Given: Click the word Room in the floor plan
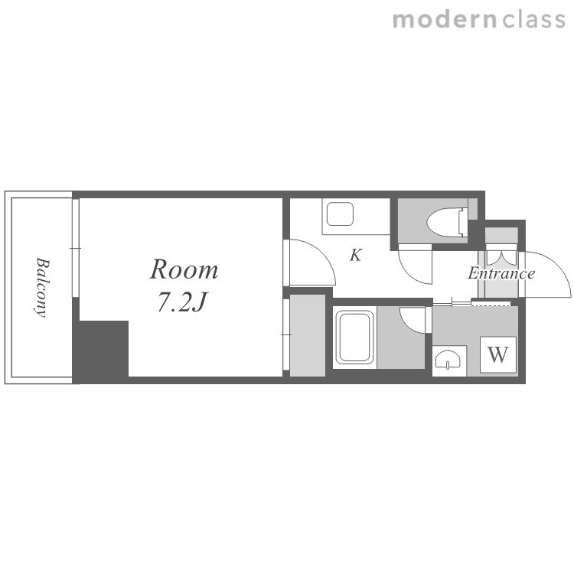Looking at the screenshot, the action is tap(184, 269).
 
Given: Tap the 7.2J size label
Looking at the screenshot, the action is tap(182, 302).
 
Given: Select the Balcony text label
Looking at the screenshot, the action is tap(42, 287).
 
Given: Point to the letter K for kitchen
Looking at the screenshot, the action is tap(356, 255).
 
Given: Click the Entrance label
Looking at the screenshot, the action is tap(501, 273).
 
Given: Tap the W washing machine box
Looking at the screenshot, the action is tap(498, 354).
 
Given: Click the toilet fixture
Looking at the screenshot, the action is tap(448, 221).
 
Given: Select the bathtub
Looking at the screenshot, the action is tap(354, 338).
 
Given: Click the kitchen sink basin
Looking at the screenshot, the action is tap(340, 214).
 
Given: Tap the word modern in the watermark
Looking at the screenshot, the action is tap(445, 19).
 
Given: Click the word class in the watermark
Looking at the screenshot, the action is tap(533, 19).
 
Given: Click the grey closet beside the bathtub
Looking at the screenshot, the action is tap(308, 335).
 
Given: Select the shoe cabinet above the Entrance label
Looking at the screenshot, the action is tap(501, 235).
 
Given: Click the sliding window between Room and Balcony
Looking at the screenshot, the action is tap(76, 248).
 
